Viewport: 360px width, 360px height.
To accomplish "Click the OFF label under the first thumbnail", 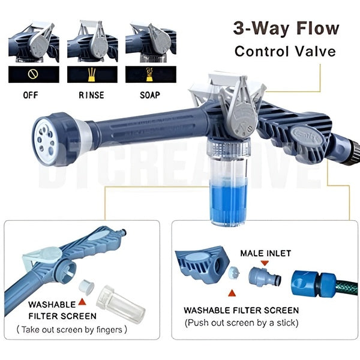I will [31, 95].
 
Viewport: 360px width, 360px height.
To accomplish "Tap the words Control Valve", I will [285, 52].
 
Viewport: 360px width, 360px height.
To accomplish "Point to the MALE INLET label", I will [266, 254].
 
